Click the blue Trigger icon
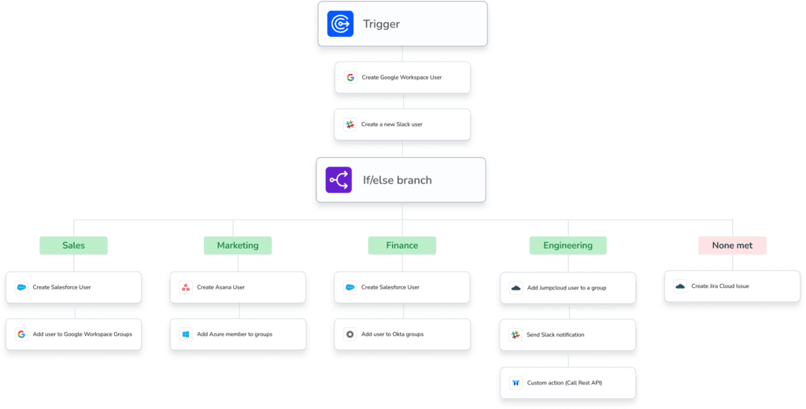340,24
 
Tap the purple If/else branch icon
338,180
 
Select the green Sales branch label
73,245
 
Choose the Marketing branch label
238,245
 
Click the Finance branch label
402,245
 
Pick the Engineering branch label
568,245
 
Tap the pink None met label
732,245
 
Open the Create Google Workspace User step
402,78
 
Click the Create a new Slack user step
402,124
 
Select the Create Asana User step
238,287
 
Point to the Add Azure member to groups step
238,334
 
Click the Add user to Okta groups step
402,334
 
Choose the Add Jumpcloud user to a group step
568,288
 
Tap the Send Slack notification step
568,335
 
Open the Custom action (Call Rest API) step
568,383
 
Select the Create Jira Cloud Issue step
732,286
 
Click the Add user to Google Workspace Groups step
73,334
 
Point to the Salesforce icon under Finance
350,287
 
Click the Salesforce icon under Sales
21,287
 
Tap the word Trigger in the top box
382,24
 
